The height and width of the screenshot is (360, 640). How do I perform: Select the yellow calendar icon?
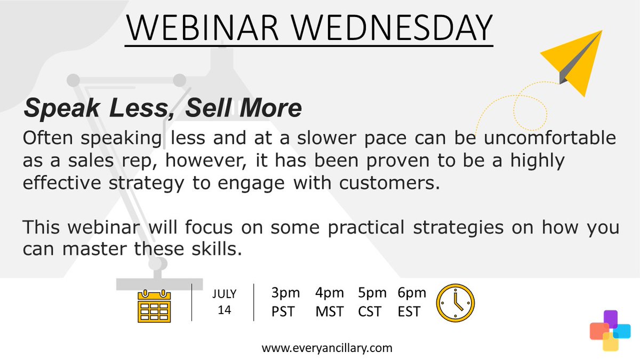[154, 306]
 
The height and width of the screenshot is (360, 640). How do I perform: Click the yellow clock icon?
[455, 303]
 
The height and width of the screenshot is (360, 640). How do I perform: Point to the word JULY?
[224, 294]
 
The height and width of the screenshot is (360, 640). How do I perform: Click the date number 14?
[224, 310]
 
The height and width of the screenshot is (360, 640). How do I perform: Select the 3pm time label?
[285, 293]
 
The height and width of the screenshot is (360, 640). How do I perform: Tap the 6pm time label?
[412, 293]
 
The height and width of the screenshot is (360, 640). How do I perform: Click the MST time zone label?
[330, 311]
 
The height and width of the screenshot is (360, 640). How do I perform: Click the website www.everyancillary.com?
[327, 348]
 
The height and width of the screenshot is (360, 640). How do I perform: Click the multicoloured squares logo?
[610, 331]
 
